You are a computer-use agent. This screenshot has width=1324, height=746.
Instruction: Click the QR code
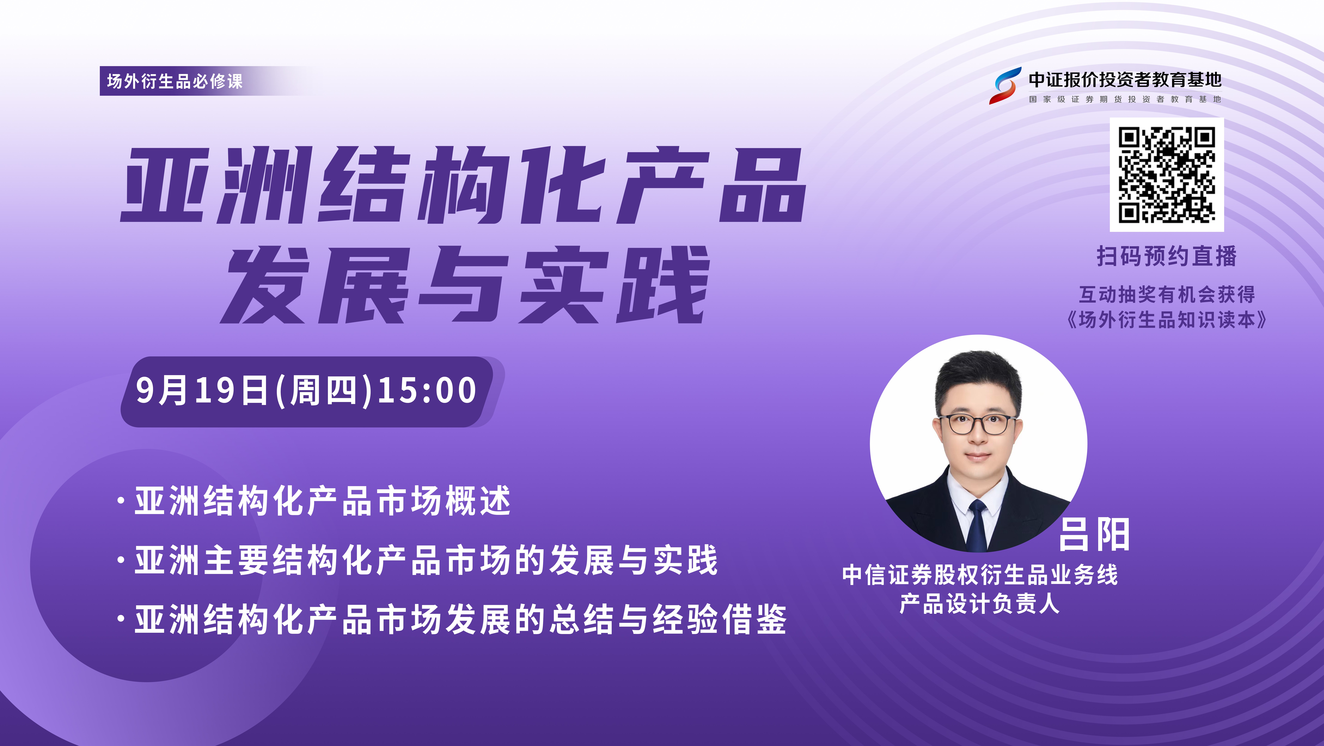coord(1167,175)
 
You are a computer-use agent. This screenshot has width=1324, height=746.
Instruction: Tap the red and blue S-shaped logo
coord(1005,85)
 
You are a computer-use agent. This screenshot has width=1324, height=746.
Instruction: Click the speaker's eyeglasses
coord(978,424)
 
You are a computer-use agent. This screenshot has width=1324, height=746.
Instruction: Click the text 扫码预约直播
coord(1167,256)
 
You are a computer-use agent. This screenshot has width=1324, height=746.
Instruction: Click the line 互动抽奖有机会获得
coord(1167,295)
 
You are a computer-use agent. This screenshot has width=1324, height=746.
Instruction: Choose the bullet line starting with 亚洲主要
coord(417,560)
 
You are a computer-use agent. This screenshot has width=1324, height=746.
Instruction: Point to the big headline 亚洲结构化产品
coord(463,185)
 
